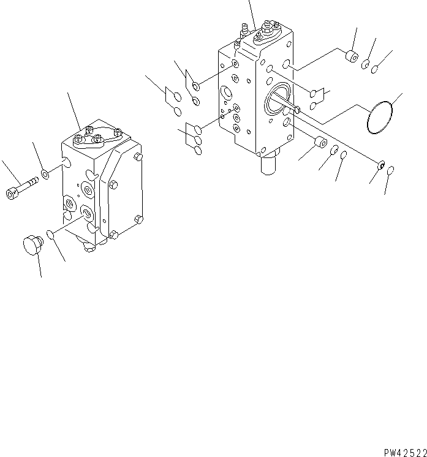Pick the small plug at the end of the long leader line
pos(380,164)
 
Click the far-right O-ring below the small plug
pos(391,171)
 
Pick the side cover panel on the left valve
pos(123,190)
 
